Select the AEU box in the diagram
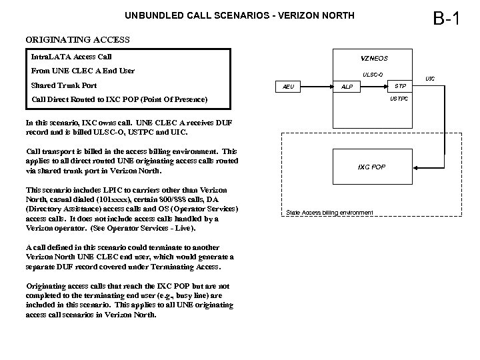pos(288,87)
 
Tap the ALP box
pos(347,87)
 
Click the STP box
pos(399,86)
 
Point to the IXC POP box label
pos(371,165)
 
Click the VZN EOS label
pos(374,59)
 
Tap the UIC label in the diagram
pos(430,79)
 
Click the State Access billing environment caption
pos(329,213)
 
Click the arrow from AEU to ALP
pos(317,87)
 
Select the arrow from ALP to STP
pos(373,87)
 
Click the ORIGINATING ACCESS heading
pos(77,39)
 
